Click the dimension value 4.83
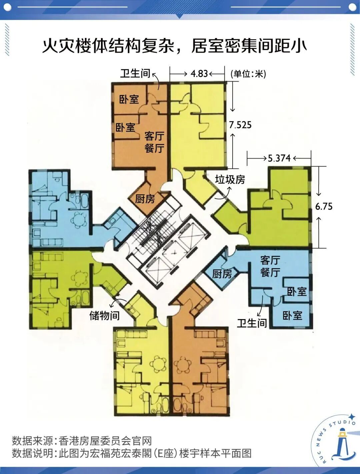(x=199, y=73)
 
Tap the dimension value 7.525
(x=240, y=125)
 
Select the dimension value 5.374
(x=279, y=158)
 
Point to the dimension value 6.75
(x=324, y=206)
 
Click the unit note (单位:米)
(x=248, y=74)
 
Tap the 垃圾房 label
(x=230, y=180)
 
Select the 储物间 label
(x=104, y=315)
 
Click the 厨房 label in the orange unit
(x=145, y=199)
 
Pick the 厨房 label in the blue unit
(x=222, y=274)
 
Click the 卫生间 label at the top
(x=135, y=73)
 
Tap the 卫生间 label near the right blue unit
(x=252, y=323)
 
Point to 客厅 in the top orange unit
(x=154, y=136)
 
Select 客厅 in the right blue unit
(x=270, y=260)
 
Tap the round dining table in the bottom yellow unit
(x=158, y=364)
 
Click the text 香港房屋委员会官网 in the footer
(x=105, y=441)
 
